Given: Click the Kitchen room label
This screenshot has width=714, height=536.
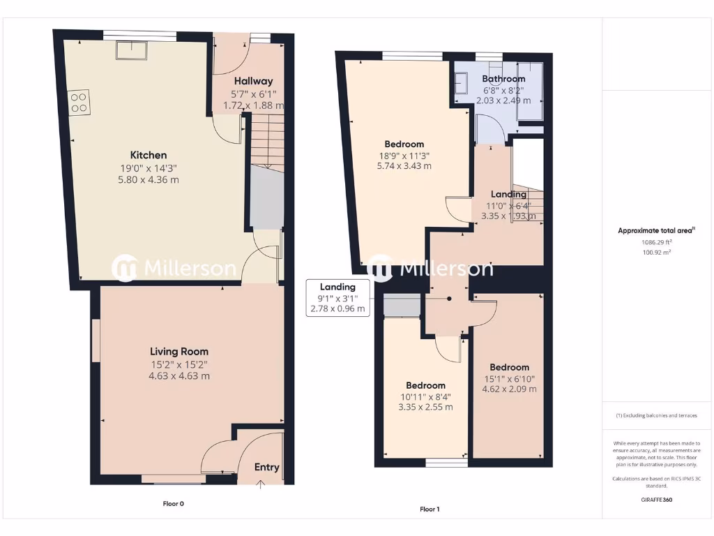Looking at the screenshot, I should pos(149,155).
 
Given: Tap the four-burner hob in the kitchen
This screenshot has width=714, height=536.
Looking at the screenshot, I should pos(78,103).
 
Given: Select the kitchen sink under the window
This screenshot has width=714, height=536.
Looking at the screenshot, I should pos(131,50).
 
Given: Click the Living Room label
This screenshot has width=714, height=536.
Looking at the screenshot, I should pos(179,352).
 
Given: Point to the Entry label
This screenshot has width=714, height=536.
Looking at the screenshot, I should pos(266,467).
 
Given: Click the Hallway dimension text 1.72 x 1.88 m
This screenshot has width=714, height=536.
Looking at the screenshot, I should pos(253,105).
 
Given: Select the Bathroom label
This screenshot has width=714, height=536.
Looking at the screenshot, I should pos(504,79).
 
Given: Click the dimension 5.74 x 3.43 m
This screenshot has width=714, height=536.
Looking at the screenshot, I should pos(404,166).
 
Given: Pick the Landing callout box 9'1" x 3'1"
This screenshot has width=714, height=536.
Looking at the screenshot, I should pos(337,298).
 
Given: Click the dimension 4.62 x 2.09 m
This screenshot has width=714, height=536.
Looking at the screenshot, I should pos(509,389).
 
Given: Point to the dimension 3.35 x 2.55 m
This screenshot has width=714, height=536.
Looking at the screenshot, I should pos(425,407).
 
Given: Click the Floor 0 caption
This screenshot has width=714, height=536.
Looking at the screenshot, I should pos(173,503).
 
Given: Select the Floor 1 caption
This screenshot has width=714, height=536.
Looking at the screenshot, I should pos(430,509).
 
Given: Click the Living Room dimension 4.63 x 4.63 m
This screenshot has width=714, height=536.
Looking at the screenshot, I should pos(179,375).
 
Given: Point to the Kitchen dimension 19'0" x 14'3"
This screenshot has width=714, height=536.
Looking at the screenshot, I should pos(149,167).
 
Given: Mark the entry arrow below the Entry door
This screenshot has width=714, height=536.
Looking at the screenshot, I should pos(261,484).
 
